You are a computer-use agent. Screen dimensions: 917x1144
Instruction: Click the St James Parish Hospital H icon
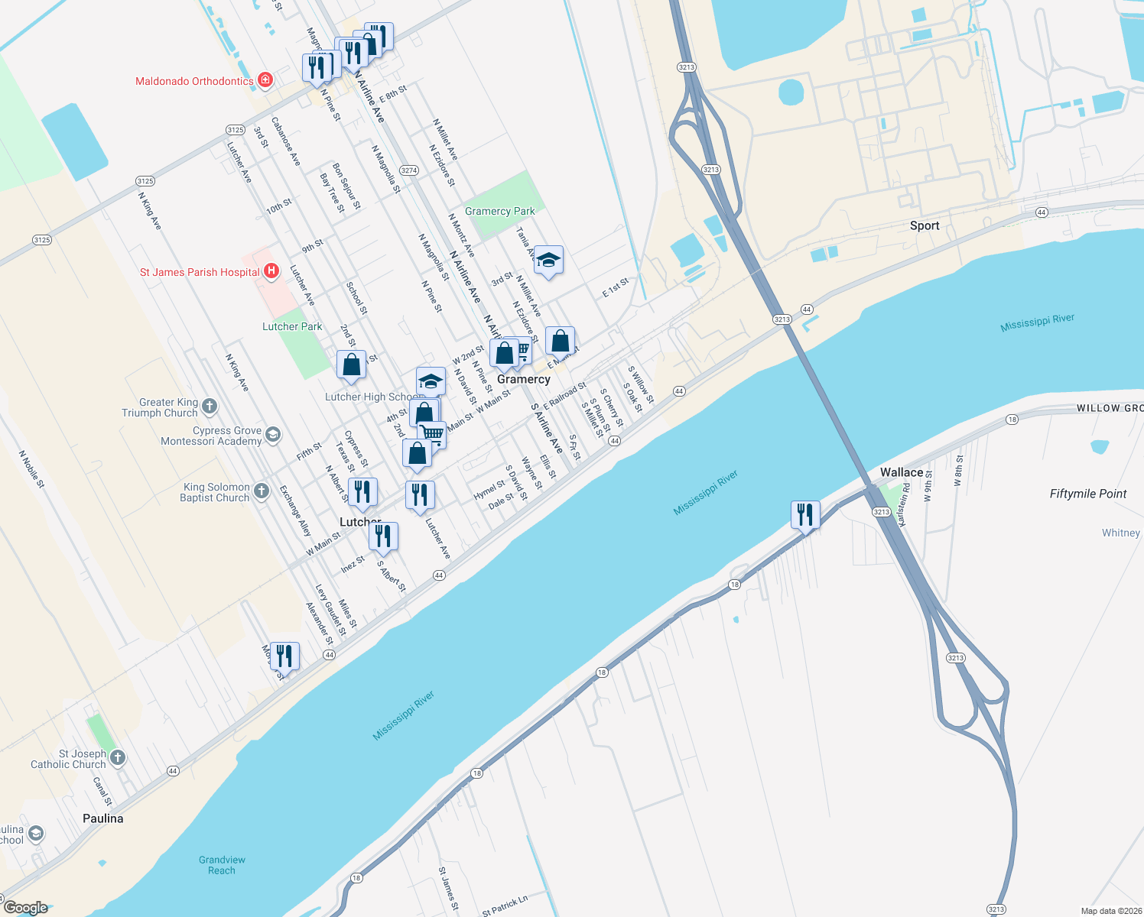[x=271, y=271]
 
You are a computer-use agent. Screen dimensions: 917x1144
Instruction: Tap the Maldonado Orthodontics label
[x=194, y=81]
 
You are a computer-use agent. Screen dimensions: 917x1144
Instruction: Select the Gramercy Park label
[x=500, y=211]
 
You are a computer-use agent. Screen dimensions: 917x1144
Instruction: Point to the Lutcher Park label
[x=292, y=326]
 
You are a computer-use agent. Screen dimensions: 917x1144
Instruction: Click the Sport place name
[x=925, y=225]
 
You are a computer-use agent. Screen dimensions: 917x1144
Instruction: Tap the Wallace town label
[x=902, y=472]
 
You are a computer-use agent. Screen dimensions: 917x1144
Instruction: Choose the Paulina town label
[x=103, y=818]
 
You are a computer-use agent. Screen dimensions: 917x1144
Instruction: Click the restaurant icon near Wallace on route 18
[x=804, y=514]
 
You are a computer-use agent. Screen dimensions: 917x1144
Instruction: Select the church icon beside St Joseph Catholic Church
[x=117, y=757]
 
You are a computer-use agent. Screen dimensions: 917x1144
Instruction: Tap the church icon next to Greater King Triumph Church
[x=210, y=407]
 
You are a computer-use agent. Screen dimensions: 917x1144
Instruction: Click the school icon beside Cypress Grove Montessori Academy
[x=273, y=435]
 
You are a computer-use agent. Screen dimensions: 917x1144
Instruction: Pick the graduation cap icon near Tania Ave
[x=548, y=261]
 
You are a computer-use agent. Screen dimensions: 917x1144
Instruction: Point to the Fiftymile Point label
[x=1087, y=494]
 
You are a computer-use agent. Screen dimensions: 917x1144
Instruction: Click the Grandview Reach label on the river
[x=222, y=865]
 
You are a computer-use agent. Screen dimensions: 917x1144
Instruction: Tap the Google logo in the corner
[x=26, y=908]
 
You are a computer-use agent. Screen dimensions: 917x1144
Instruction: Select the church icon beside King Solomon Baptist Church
[x=262, y=491]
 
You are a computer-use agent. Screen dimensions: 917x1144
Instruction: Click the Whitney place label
[x=1120, y=533]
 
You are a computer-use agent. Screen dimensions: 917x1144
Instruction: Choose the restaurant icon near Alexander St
[x=284, y=656]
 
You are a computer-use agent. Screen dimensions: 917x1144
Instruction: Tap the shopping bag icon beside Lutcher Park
[x=352, y=364]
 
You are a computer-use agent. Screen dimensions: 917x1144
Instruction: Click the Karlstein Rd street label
[x=904, y=510]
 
